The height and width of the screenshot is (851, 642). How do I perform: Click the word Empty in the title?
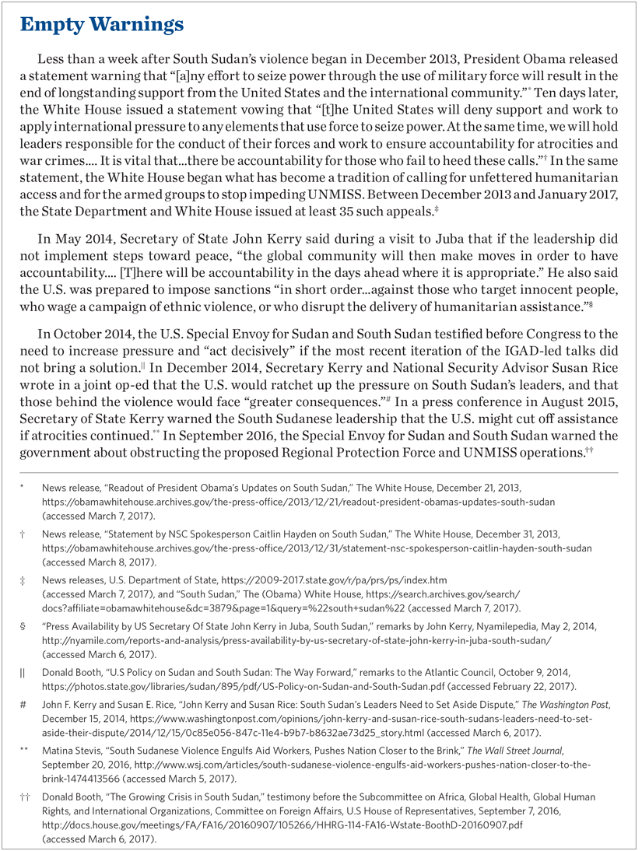coord(52,25)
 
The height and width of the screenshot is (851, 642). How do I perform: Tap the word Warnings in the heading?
coord(135,25)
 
